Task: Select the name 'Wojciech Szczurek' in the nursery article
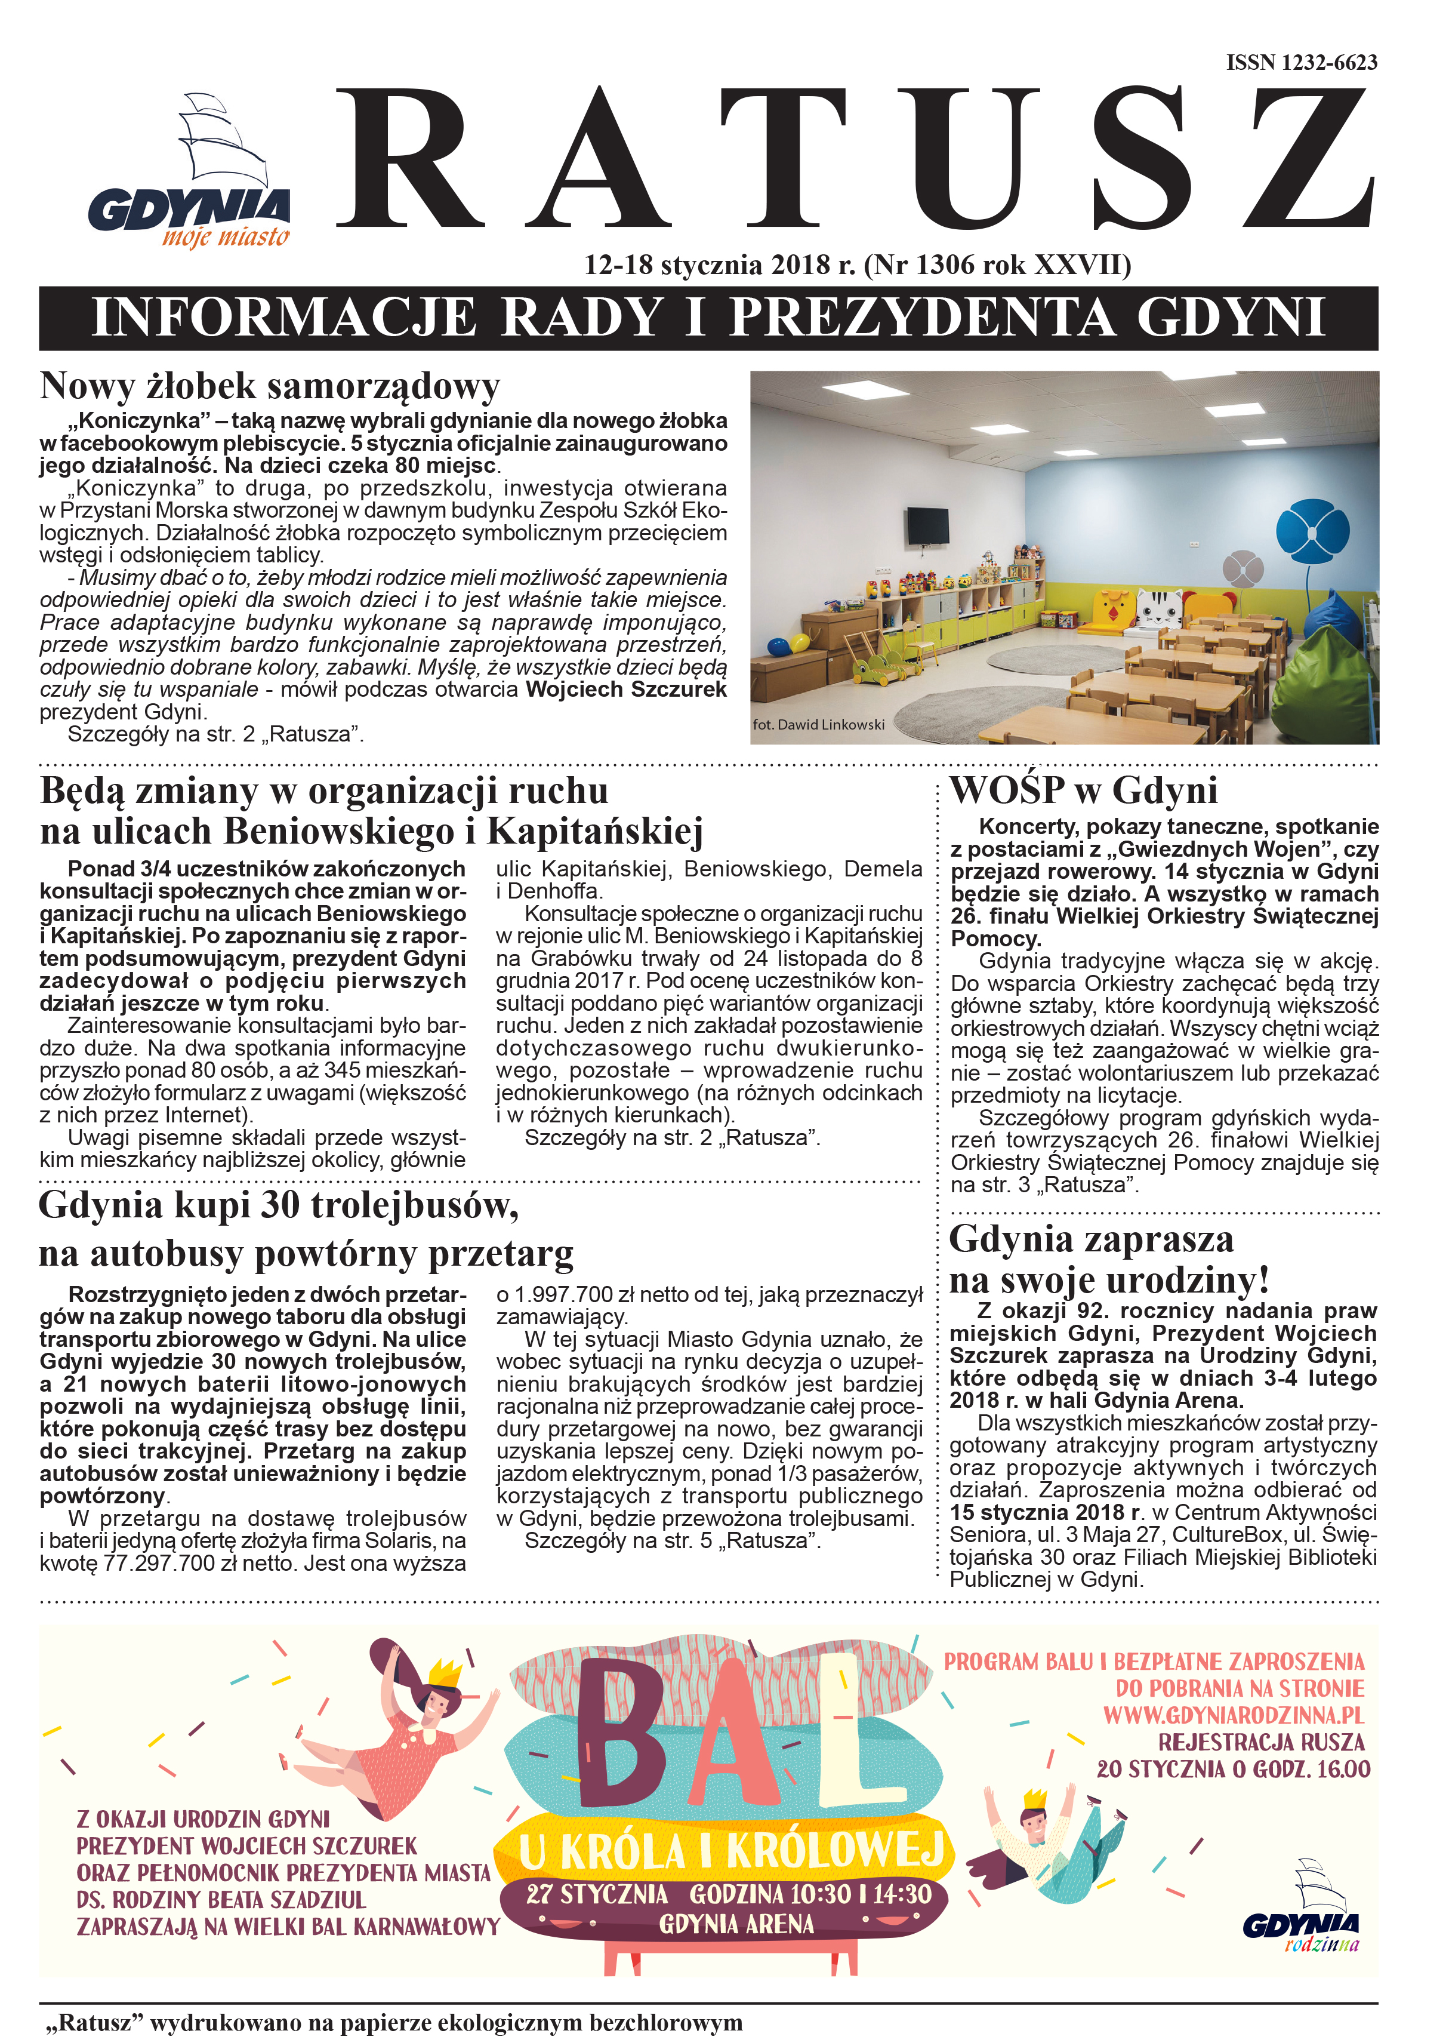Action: pos(625,690)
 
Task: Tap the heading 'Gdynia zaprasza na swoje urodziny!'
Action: pos(1108,1259)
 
